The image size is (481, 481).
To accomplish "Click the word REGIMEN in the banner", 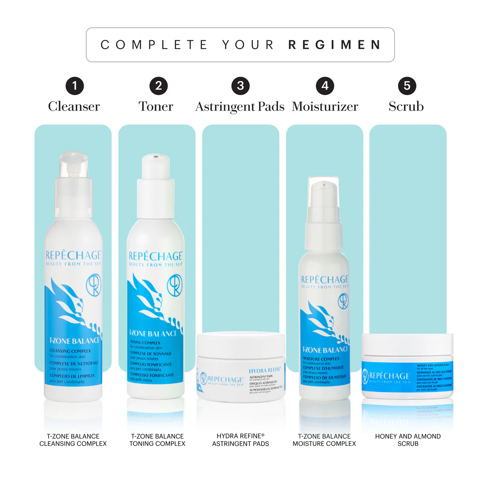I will point(334,44).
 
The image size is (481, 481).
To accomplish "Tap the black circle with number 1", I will point(75,86).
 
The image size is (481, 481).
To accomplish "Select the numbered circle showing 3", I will point(240,86).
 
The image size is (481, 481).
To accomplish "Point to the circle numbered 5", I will point(407,86).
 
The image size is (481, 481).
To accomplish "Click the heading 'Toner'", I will point(156,106).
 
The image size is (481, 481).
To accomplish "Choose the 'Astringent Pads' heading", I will point(240,107).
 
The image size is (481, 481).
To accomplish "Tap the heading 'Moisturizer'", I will point(325,106).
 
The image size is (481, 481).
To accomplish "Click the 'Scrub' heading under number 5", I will point(406,106).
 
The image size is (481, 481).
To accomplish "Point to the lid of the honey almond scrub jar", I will point(407,344).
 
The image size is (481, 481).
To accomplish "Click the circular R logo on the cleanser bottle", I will point(93,286).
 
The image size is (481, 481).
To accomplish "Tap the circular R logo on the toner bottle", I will point(174,285).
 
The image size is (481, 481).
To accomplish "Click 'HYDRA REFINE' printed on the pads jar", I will point(265,370).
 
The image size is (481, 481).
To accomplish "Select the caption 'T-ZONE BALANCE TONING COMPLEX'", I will point(157,440).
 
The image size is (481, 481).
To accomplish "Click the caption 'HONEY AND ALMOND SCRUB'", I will point(408,440).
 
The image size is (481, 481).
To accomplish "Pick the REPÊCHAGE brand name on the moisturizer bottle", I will point(325,279).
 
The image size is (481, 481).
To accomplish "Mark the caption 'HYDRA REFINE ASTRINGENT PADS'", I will point(240,440).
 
